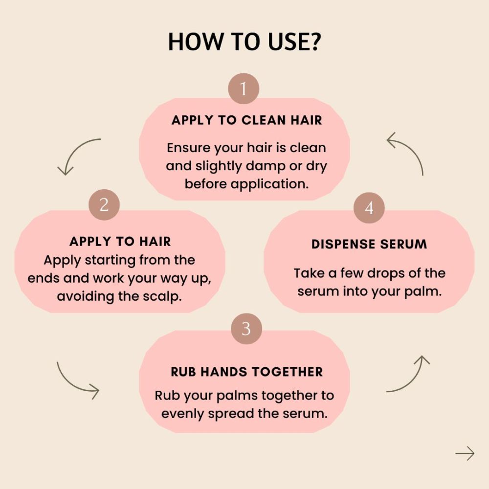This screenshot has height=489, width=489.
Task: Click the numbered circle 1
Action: [x=244, y=89]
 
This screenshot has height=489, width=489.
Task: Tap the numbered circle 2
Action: [x=104, y=205]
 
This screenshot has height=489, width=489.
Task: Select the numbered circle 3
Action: [x=246, y=329]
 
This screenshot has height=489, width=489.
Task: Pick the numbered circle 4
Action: [x=369, y=208]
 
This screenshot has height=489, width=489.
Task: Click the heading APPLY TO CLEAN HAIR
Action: [x=246, y=120]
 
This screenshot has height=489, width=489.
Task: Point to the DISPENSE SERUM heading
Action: [x=369, y=244]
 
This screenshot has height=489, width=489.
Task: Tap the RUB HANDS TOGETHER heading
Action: [x=246, y=372]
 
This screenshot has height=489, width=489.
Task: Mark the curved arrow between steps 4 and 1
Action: [x=412, y=147]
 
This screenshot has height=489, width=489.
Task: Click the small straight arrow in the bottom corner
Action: [x=465, y=453]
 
